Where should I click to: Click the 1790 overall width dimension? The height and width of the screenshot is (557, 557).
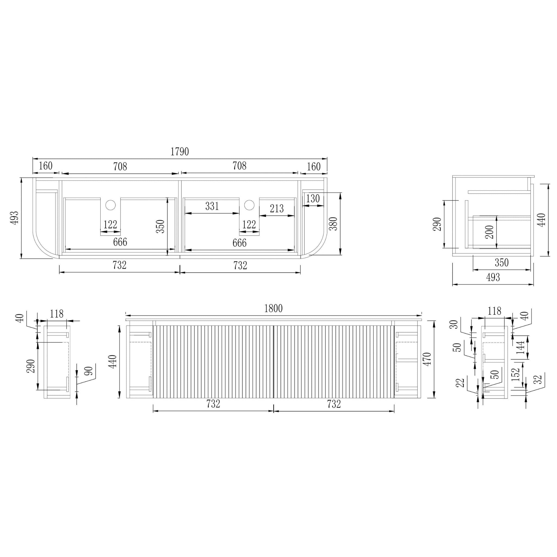pos(180,151)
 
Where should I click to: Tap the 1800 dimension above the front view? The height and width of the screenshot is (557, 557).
pos(273,308)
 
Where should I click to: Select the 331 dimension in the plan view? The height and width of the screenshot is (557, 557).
pos(212,206)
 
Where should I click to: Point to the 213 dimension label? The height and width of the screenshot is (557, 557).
pos(277,208)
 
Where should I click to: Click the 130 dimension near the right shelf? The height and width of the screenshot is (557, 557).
pos(313,199)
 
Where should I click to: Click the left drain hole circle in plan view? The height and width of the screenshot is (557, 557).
pos(110,205)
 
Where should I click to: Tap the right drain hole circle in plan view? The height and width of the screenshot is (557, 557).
pos(249,205)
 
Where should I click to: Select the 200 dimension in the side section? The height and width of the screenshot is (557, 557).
pos(490,232)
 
